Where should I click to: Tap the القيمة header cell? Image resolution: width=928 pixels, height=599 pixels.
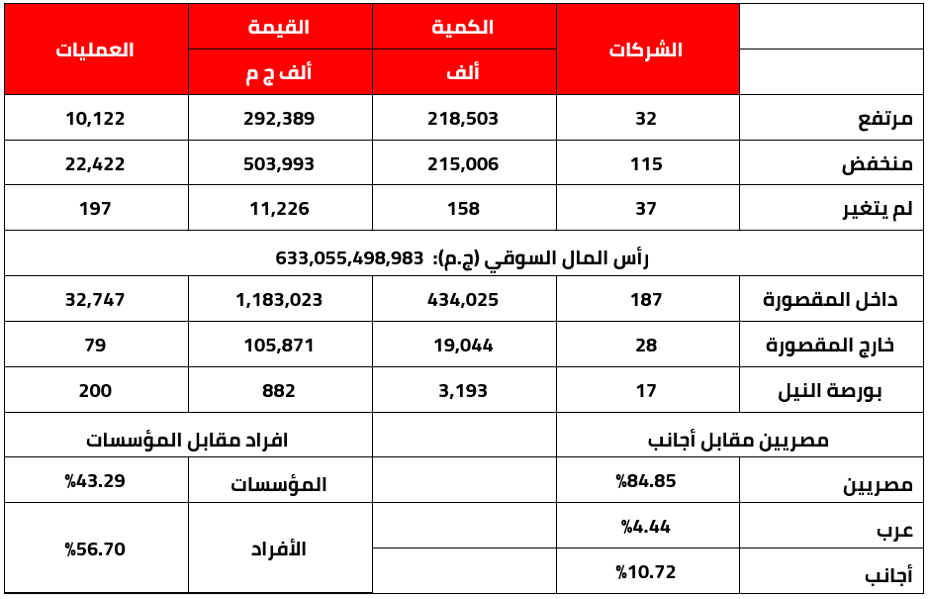coord(279,28)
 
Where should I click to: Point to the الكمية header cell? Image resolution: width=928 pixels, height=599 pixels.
coord(463,28)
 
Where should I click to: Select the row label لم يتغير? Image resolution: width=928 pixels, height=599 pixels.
coord(875,209)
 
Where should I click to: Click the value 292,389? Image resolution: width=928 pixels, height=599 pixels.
coord(279,119)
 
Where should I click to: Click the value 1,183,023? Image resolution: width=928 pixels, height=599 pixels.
coord(279,299)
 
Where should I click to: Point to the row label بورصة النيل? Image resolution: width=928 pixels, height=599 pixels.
coord(842,391)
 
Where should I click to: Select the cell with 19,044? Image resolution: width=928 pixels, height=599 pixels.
coord(463,346)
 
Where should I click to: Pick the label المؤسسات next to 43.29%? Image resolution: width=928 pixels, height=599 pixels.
coord(279,484)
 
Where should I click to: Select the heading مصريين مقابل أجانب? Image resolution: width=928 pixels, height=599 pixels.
coord(738,439)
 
